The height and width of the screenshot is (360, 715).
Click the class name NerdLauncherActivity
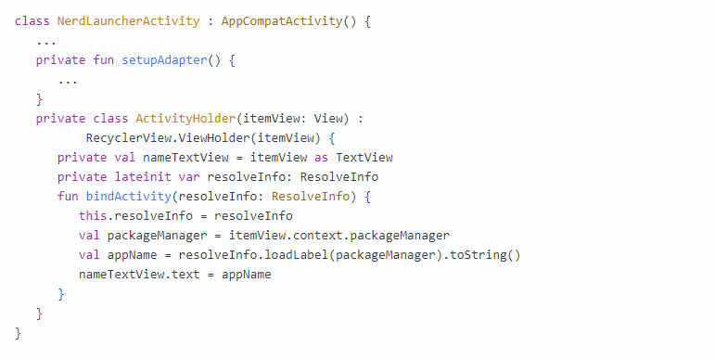(128, 21)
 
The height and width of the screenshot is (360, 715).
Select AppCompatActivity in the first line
(282, 21)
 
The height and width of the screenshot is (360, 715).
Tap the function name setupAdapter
(164, 60)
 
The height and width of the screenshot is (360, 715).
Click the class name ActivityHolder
(185, 119)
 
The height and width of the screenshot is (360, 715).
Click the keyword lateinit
(143, 177)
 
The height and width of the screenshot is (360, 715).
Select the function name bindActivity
(129, 197)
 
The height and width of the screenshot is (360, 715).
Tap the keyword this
(93, 216)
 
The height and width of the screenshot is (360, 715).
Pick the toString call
(478, 255)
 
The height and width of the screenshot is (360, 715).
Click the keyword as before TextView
(321, 158)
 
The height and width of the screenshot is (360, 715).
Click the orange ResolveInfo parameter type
(311, 197)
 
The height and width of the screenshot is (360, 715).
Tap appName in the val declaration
(132, 255)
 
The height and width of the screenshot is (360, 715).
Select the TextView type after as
(364, 158)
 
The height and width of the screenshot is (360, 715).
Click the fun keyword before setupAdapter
(104, 60)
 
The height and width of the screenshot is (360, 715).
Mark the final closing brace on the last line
(19, 333)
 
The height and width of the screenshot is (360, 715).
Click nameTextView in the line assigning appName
(121, 275)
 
